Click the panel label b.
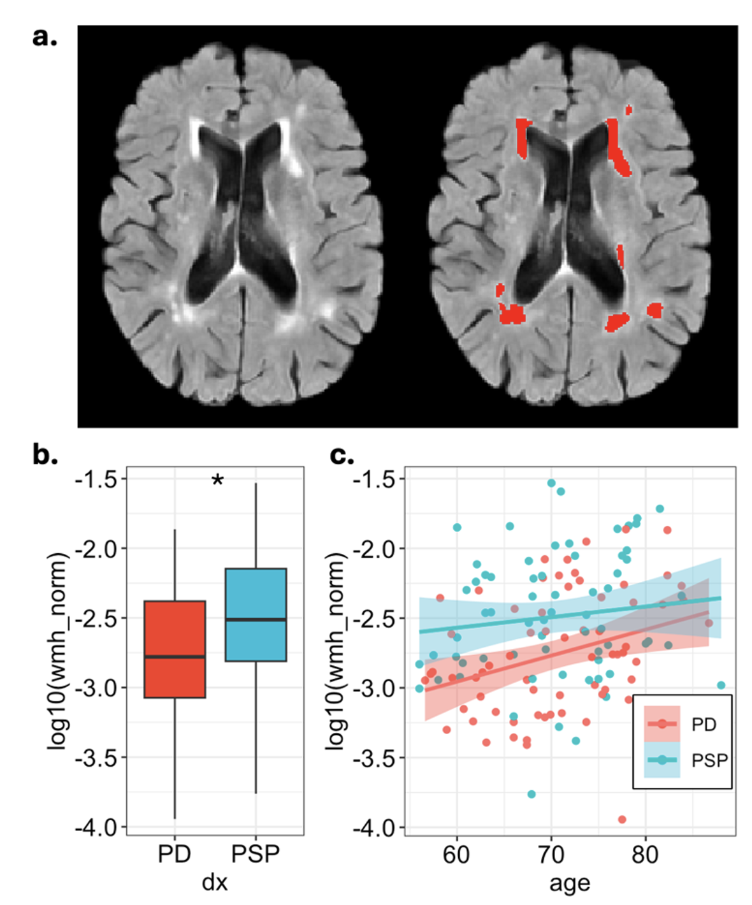click(x=45, y=455)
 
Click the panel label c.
click(x=342, y=455)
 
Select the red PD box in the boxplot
click(x=175, y=649)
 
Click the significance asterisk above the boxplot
click(x=217, y=481)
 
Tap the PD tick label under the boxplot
click(x=175, y=854)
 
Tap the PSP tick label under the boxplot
click(x=256, y=854)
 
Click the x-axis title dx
click(x=215, y=883)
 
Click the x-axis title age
click(x=570, y=883)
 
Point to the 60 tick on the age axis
click(x=457, y=854)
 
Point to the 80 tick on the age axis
click(x=645, y=854)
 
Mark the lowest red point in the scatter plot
click(x=622, y=820)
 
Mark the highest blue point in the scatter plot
click(x=551, y=483)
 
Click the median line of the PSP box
click(x=256, y=619)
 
